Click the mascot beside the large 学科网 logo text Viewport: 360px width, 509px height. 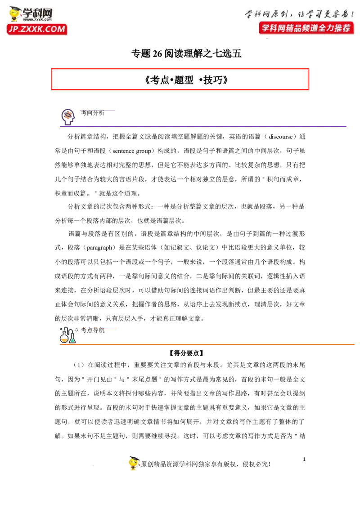15,14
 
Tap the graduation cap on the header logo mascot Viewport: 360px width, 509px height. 15,9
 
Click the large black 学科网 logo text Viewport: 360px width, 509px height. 38,13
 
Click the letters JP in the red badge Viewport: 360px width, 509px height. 13,30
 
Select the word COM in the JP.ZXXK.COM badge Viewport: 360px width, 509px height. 55,30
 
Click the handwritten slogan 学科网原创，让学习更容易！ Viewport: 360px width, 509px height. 299,13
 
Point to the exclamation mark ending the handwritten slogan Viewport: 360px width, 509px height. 352,13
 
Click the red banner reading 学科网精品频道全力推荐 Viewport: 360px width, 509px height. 306,28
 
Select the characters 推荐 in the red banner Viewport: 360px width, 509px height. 342,28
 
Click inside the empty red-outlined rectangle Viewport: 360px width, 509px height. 180,79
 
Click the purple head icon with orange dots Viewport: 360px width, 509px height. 68,116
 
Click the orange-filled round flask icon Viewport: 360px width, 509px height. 64,339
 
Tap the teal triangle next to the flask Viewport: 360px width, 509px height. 72,340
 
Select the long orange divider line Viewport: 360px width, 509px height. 216,344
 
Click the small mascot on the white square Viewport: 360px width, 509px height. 135,462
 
